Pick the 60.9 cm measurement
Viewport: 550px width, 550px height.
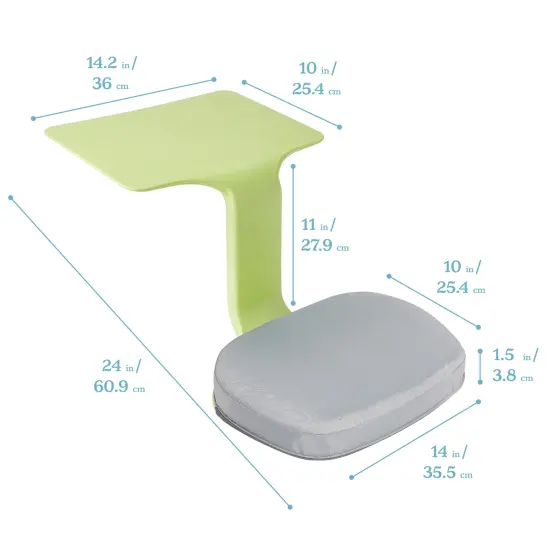[x=125, y=387]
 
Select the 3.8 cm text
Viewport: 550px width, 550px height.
[x=512, y=377]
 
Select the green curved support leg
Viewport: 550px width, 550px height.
[x=245, y=260]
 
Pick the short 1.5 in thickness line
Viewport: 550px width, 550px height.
[x=481, y=366]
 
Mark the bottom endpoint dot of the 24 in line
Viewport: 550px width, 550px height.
[x=290, y=507]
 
